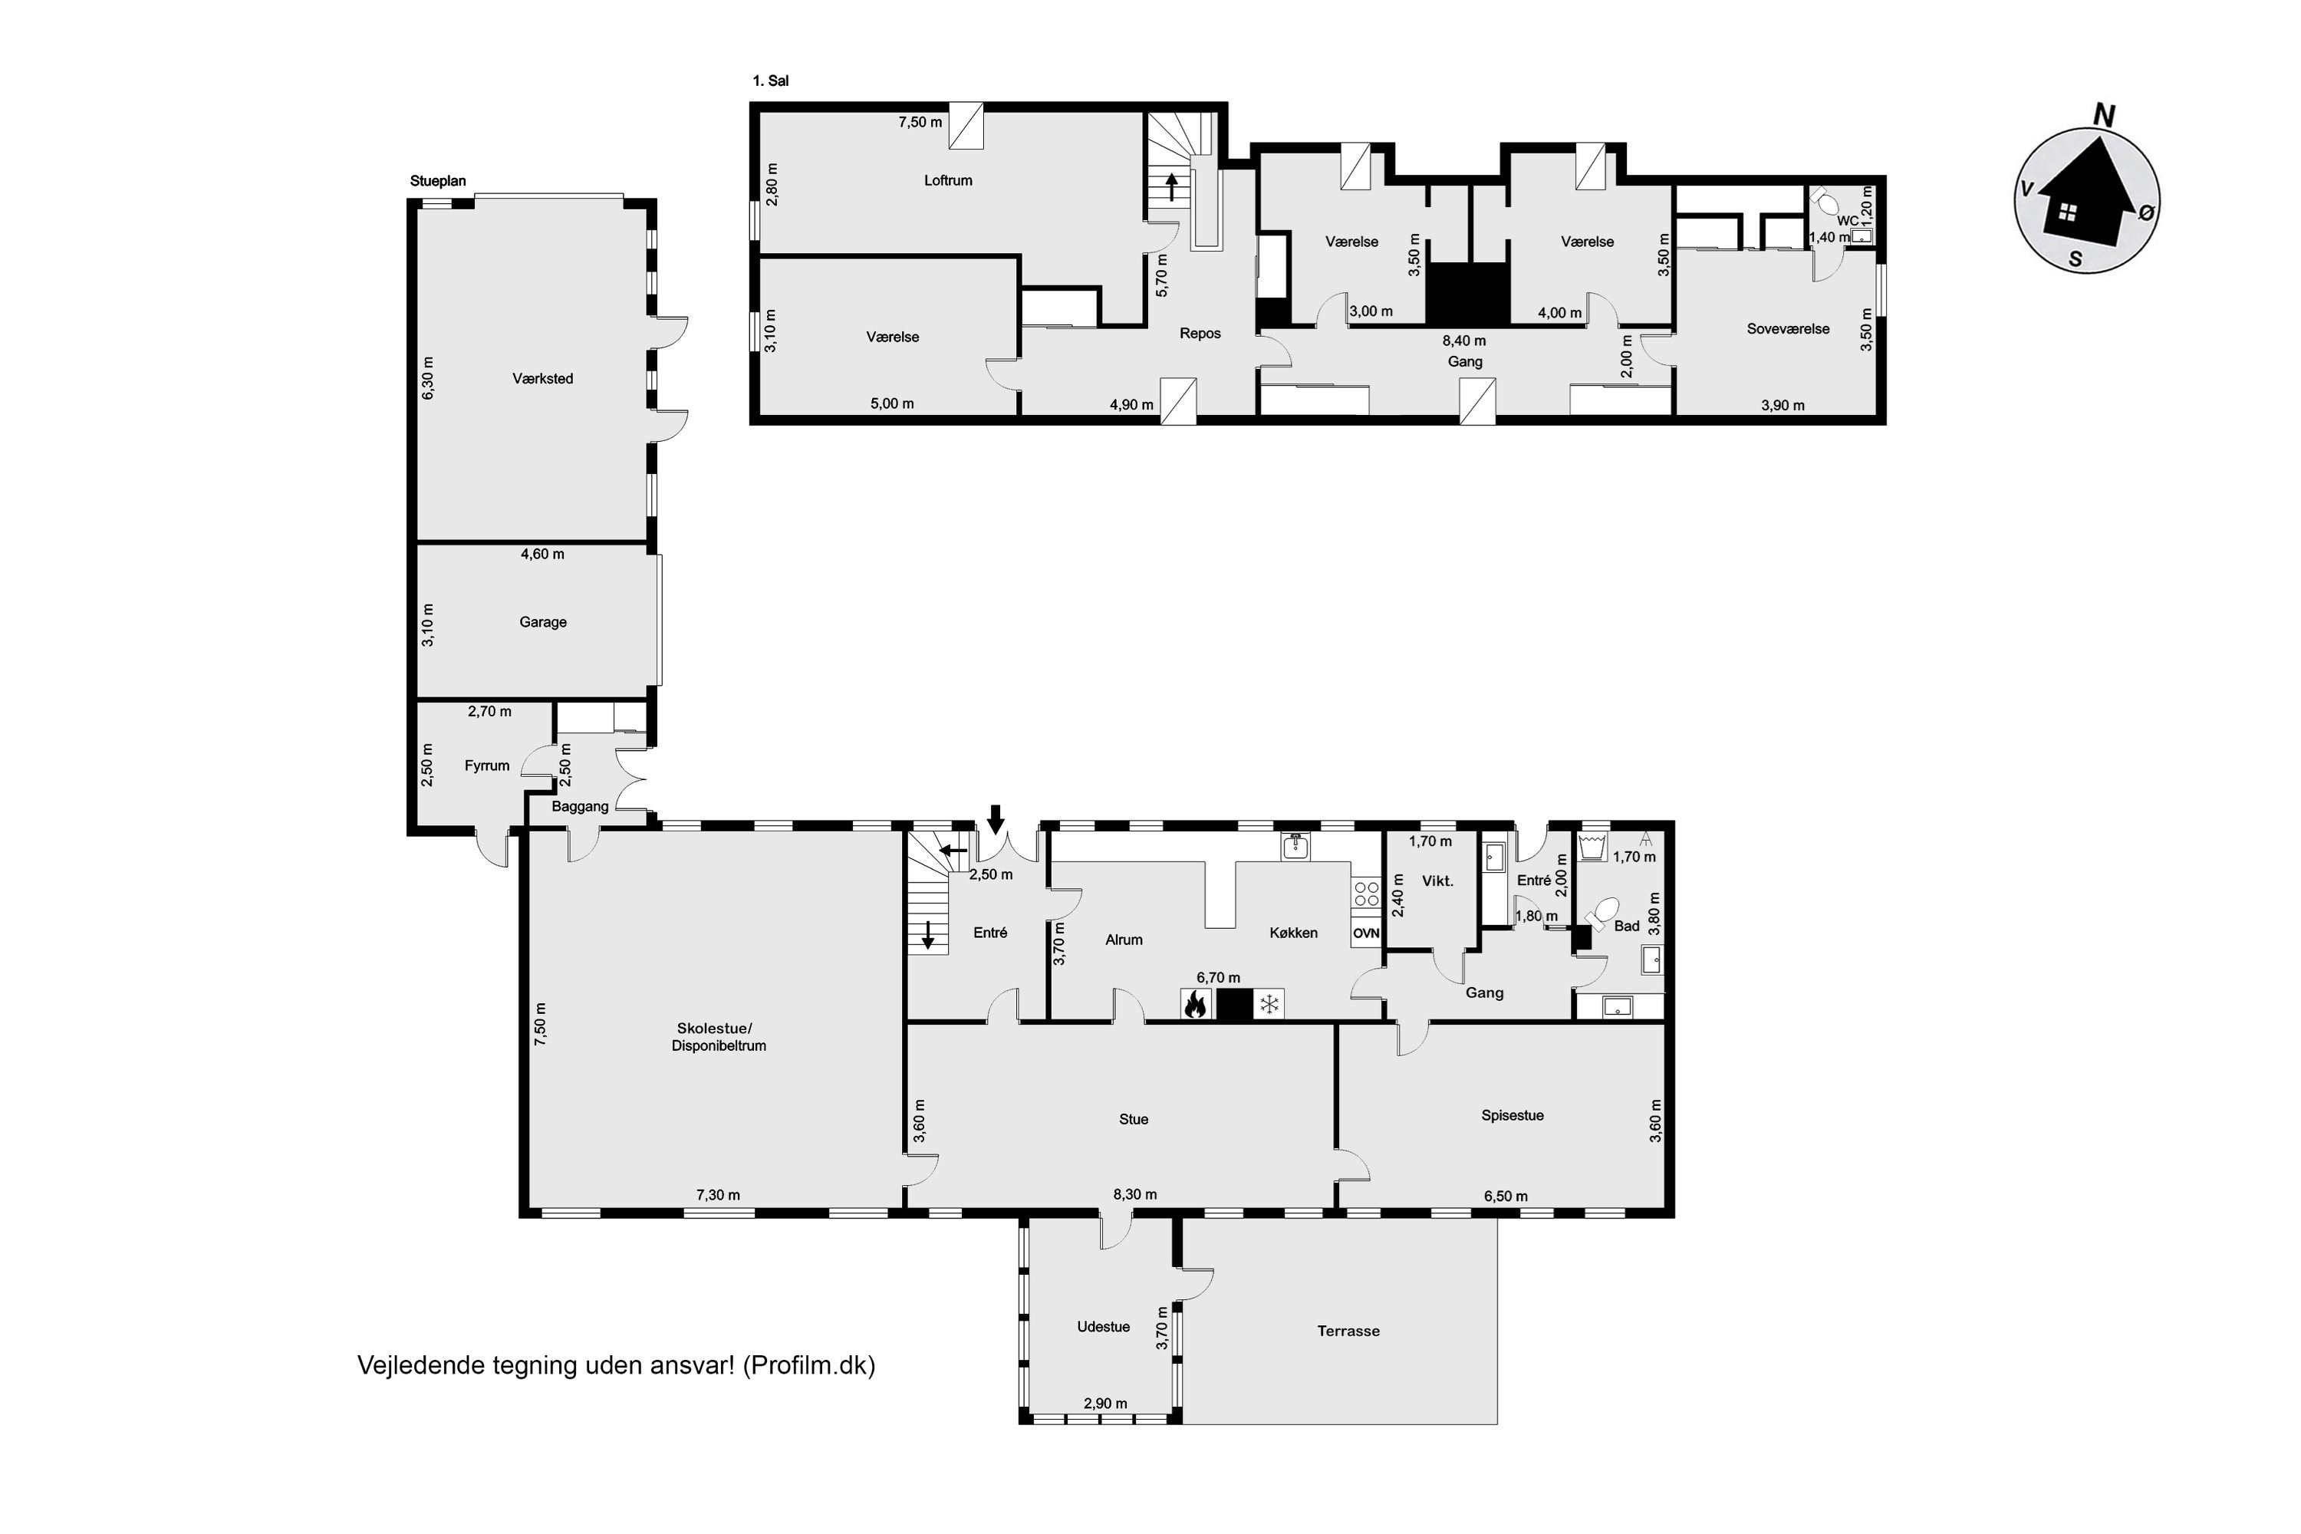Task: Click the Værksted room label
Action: (x=543, y=379)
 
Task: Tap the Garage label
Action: (x=543, y=622)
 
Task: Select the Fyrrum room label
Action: (x=487, y=766)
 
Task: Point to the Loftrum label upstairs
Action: (x=948, y=180)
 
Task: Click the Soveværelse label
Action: (x=1789, y=329)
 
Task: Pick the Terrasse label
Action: (x=1348, y=1331)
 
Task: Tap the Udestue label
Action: (x=1104, y=1327)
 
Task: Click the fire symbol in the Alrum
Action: (x=1194, y=1004)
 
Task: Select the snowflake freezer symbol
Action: (x=1269, y=1004)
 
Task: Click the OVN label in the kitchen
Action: (x=1366, y=933)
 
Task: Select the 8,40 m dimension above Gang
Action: (x=1464, y=341)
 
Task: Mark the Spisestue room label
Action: (x=1513, y=1115)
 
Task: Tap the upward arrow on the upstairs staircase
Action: (x=1171, y=187)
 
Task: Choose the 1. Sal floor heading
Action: (x=771, y=81)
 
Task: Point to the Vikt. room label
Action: (x=1437, y=881)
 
